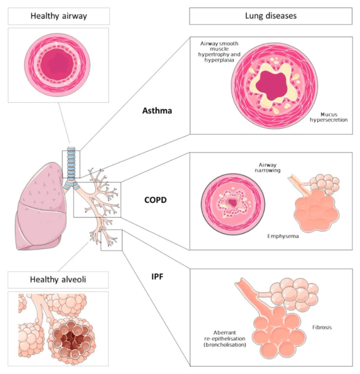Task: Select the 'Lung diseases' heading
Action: pyautogui.click(x=271, y=16)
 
